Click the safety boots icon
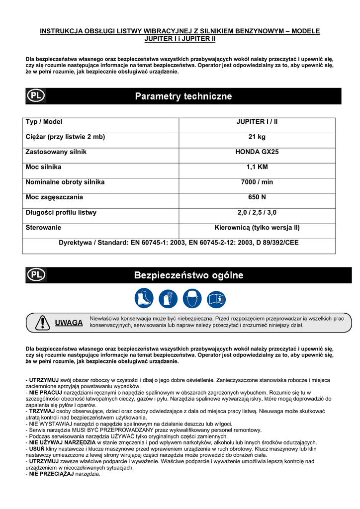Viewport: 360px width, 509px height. pyautogui.click(x=144, y=299)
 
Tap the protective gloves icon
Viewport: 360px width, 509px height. pyautogui.click(x=168, y=299)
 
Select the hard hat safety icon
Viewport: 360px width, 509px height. pyautogui.click(x=192, y=299)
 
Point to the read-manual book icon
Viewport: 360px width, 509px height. pyautogui.click(x=216, y=299)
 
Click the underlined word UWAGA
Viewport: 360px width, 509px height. pyautogui.click(x=69, y=323)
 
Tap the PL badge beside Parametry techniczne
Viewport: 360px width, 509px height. pyautogui.click(x=36, y=96)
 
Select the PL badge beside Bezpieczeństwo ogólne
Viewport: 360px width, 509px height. pyautogui.click(x=36, y=275)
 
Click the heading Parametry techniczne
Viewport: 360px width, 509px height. pyautogui.click(x=183, y=96)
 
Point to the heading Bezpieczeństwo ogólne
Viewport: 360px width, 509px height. pyautogui.click(x=189, y=275)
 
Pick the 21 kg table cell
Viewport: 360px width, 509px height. pyautogui.click(x=257, y=137)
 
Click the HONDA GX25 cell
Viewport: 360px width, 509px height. pyautogui.click(x=257, y=152)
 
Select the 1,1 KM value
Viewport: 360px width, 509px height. pyautogui.click(x=257, y=167)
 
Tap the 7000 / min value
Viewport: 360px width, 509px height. pyautogui.click(x=257, y=182)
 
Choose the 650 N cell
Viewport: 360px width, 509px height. pyautogui.click(x=257, y=197)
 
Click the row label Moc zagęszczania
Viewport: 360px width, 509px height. pyautogui.click(x=54, y=197)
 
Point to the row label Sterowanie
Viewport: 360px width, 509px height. pyautogui.click(x=43, y=228)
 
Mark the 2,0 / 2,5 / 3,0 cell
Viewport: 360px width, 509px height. pyautogui.click(x=257, y=212)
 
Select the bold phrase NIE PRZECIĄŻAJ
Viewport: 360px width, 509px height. pyautogui.click(x=51, y=474)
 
